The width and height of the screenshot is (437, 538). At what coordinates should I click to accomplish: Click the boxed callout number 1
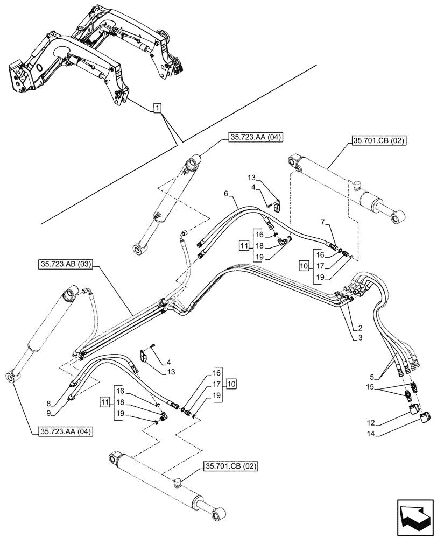pos(156,109)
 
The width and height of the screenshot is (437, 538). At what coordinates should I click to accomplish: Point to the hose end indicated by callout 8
pos(73,383)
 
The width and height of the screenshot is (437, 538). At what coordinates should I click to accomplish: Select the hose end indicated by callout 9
pos(72,398)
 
